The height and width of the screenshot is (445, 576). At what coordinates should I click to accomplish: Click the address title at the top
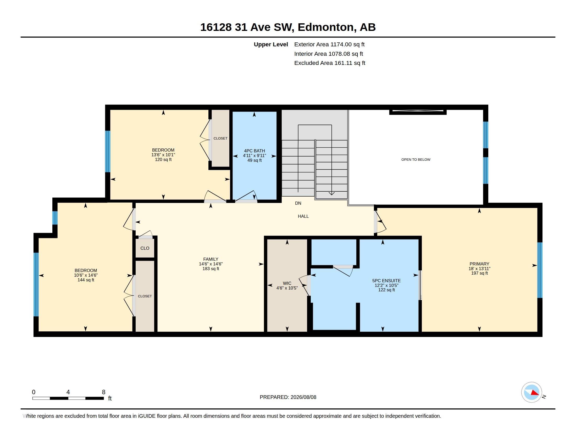coord(288,27)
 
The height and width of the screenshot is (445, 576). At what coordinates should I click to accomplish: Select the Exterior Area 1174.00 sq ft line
coord(329,44)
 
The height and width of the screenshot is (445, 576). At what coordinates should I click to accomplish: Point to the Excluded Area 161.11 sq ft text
coord(330,63)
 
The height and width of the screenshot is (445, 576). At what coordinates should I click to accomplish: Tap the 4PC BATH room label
coord(254,151)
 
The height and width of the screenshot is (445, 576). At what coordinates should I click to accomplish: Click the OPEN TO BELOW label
coord(416,159)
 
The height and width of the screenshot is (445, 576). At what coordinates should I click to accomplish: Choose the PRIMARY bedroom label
coord(479,264)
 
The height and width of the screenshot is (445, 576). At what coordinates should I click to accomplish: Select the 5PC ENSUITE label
coord(386,281)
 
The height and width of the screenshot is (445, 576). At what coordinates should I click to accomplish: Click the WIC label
coord(287,283)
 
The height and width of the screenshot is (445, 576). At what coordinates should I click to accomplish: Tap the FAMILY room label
coord(211,259)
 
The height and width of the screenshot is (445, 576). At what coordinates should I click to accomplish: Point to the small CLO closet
coord(145,248)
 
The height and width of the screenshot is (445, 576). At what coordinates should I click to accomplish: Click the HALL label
coord(303,216)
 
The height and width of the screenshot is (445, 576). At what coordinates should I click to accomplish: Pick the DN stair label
coord(298,203)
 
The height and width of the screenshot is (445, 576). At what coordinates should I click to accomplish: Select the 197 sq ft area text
coord(479,273)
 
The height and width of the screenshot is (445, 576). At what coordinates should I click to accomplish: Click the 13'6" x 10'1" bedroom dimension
coord(163,155)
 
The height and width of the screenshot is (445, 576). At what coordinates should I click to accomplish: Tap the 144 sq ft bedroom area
coord(86,280)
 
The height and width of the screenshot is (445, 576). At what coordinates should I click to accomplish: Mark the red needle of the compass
coord(535,393)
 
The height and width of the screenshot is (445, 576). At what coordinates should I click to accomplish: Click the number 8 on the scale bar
coord(104,392)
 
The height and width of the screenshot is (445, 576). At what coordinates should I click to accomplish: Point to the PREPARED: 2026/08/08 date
coord(288,397)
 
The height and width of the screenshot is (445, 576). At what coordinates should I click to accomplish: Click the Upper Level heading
coord(271,44)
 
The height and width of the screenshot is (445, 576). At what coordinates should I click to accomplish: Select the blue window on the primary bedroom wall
coord(540,270)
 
